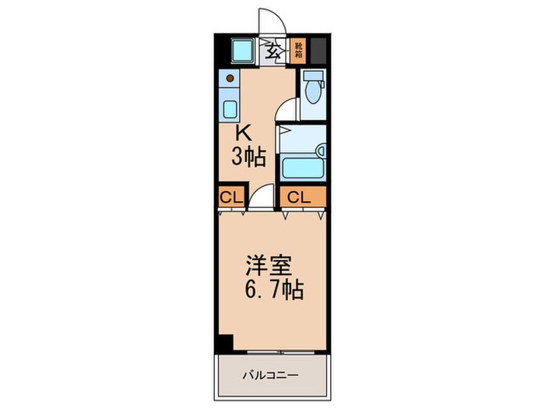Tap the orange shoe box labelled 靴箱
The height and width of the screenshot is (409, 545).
(298, 51)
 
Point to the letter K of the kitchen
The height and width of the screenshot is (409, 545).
(244, 132)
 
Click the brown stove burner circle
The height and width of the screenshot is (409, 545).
(232, 78)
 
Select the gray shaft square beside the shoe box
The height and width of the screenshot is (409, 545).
(321, 51)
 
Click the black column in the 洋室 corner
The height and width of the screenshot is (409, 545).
(226, 342)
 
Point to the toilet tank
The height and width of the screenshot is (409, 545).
(312, 77)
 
